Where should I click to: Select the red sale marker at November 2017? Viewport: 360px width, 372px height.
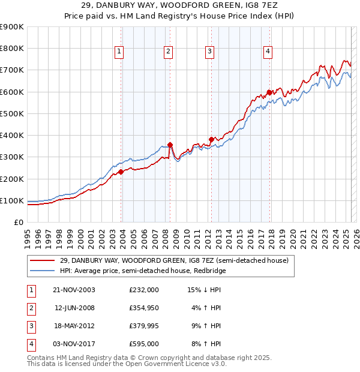(269, 92)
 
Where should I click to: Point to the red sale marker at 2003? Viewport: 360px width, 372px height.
(121, 172)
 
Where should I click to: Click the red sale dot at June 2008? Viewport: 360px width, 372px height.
(170, 145)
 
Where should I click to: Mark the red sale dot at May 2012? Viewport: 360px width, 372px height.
(211, 139)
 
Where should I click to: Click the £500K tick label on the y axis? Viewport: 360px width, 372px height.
(11, 113)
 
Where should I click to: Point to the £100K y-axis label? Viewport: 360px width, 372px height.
(11, 200)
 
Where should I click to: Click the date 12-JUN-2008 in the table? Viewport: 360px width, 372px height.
(75, 308)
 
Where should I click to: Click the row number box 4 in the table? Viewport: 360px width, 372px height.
(29, 344)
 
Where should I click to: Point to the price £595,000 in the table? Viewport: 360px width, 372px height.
(143, 344)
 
